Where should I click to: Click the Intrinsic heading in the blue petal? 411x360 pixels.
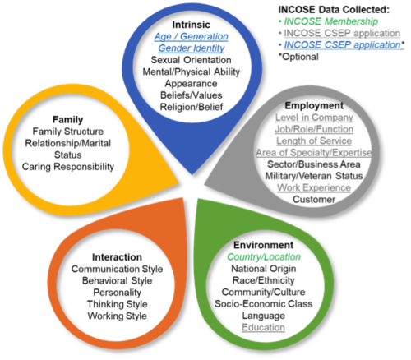191,25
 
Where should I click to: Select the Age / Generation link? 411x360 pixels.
191,36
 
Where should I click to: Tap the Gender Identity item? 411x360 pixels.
192,48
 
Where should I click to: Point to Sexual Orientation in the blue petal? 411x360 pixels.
191,60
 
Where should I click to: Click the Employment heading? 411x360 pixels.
314,106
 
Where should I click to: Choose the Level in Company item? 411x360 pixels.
314,118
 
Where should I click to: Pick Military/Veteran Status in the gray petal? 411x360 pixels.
314,176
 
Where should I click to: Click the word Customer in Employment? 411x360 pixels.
314,200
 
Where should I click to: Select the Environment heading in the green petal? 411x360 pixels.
263,245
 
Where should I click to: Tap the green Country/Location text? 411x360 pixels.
264,257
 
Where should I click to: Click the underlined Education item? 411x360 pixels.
263,327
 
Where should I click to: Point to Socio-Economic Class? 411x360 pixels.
263,304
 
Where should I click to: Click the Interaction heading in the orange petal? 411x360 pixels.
117,257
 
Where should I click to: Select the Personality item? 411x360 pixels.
117,293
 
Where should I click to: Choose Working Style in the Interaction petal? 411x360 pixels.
117,316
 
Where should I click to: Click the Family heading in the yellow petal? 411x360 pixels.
67,120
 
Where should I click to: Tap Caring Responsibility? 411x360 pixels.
67,167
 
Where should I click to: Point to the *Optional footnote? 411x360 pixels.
298,57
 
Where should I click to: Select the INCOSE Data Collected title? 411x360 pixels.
334,10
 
